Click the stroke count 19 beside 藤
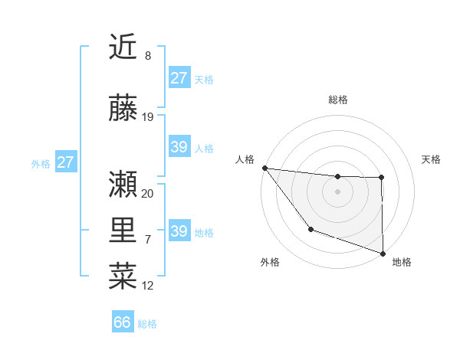click(148, 117)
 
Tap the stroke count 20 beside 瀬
click(148, 194)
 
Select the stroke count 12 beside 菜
click(148, 286)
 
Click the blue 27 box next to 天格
click(179, 78)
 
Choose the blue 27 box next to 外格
click(65, 162)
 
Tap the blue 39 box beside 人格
click(179, 147)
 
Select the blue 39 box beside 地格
click(179, 231)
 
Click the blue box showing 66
click(123, 322)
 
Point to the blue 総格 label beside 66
click(147, 324)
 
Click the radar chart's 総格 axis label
click(338, 100)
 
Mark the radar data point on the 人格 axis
click(264, 168)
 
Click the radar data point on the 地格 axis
click(383, 253)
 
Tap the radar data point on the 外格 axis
click(310, 229)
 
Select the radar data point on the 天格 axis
click(382, 178)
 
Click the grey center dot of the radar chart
click(338, 191)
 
